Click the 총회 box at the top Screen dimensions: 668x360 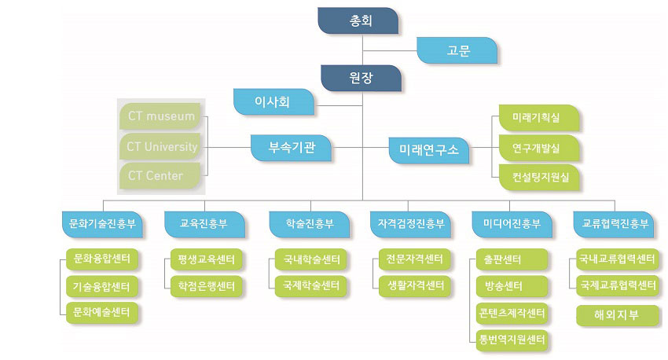[x=358, y=20]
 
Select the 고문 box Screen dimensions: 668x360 [x=457, y=50]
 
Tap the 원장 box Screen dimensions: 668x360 [x=361, y=78]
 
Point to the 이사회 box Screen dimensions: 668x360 [x=273, y=102]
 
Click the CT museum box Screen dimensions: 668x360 [x=160, y=116]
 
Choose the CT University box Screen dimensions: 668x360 [x=160, y=146]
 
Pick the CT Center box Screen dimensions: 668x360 [x=160, y=175]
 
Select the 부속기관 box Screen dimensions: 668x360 [x=291, y=148]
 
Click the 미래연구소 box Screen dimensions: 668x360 [x=428, y=150]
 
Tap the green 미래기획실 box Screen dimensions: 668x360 [x=539, y=118]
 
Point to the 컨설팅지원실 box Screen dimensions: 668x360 [x=539, y=177]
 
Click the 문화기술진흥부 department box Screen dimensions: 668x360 [x=102, y=224]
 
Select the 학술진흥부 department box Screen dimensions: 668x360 [x=310, y=224]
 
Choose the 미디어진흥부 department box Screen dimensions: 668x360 [x=512, y=224]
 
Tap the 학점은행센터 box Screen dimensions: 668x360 [x=206, y=286]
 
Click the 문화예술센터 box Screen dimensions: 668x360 [x=102, y=313]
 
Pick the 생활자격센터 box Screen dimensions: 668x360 [x=414, y=285]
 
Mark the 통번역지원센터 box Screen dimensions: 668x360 [x=512, y=340]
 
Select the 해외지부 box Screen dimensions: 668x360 [x=617, y=315]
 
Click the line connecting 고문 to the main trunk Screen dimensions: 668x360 [x=390, y=50]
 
